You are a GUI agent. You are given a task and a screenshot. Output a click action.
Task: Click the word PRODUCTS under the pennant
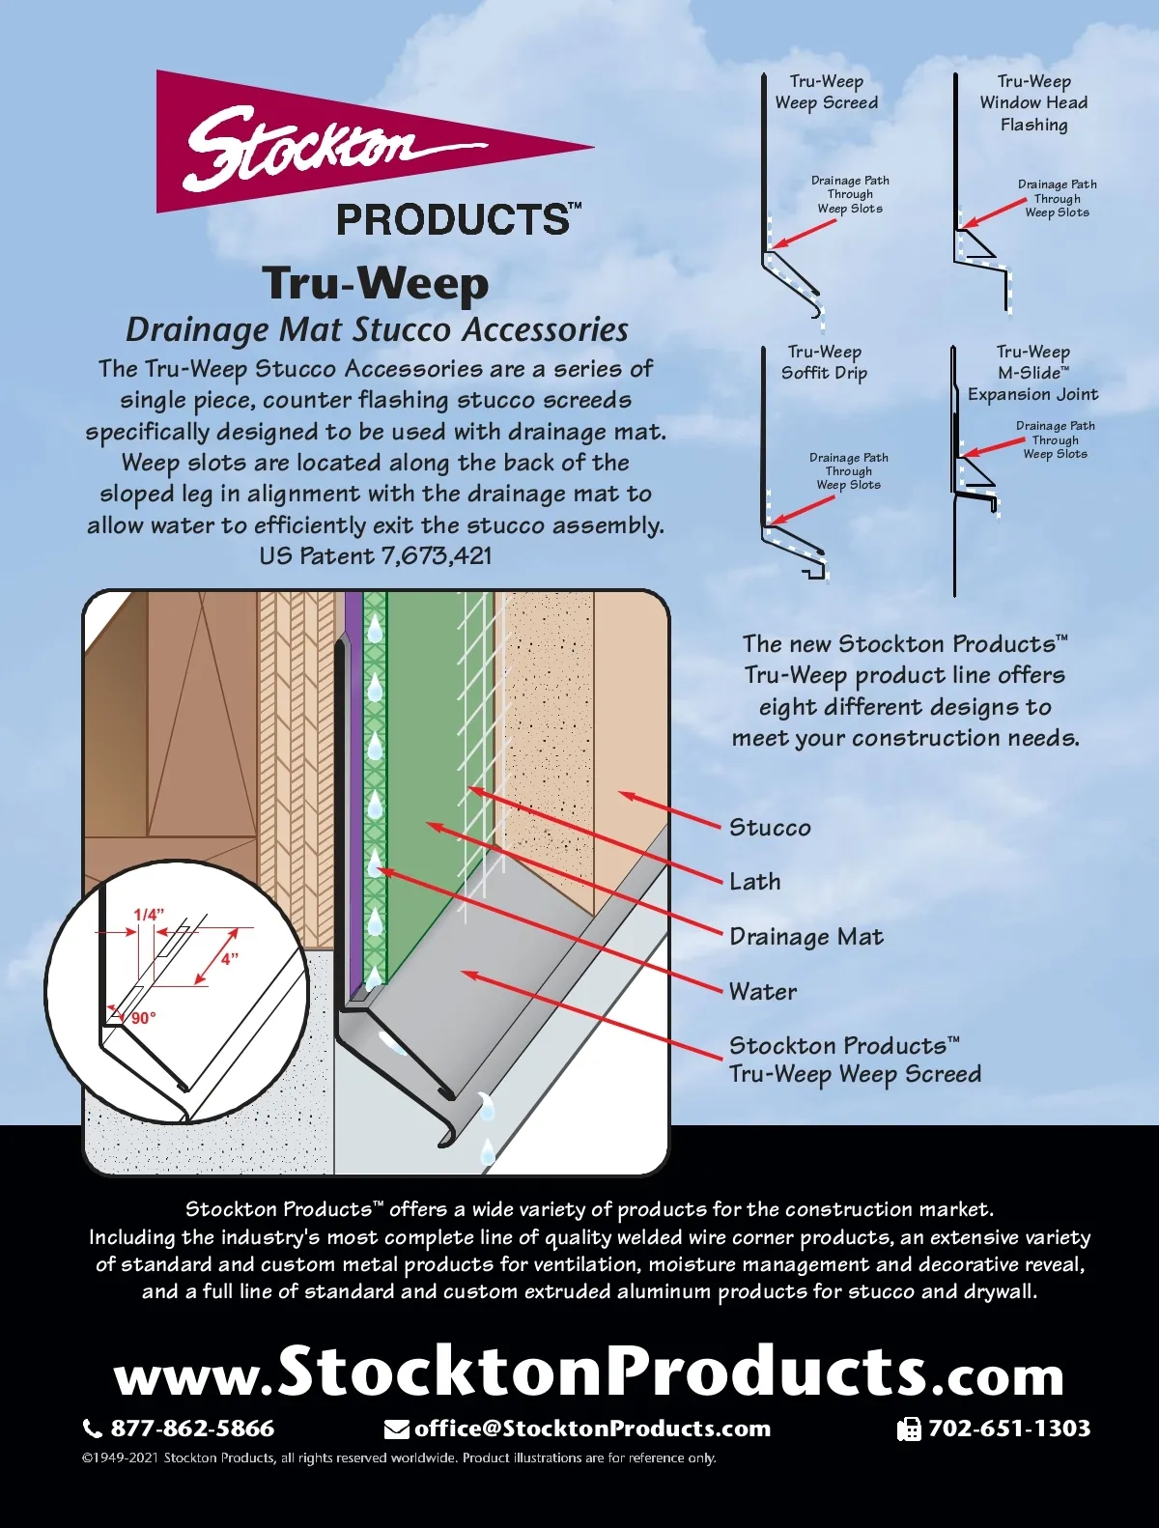point(454,220)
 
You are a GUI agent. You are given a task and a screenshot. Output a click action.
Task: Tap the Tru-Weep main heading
point(376,283)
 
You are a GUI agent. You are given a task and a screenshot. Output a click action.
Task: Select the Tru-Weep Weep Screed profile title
point(826,92)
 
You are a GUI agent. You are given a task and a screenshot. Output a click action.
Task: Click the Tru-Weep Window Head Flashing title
point(1033,102)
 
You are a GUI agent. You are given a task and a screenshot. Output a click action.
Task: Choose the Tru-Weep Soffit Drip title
point(824,362)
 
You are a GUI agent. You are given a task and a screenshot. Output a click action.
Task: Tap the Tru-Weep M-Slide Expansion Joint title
point(1032,373)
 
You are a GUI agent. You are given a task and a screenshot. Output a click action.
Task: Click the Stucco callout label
point(770,828)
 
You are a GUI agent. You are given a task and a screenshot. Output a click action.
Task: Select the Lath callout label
point(755,882)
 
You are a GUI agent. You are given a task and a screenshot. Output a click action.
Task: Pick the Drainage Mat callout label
point(806,937)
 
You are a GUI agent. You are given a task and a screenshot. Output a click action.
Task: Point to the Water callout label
point(763,992)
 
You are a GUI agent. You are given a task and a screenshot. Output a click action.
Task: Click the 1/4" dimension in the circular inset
point(149,914)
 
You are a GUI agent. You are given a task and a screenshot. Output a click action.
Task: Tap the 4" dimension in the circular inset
point(229,959)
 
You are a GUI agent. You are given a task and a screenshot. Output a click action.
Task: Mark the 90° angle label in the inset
point(143,1018)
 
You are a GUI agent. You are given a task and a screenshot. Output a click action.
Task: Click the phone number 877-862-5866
point(192,1429)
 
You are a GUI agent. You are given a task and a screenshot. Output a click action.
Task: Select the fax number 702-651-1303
point(1009,1429)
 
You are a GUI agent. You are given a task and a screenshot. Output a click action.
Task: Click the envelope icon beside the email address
point(396,1429)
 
